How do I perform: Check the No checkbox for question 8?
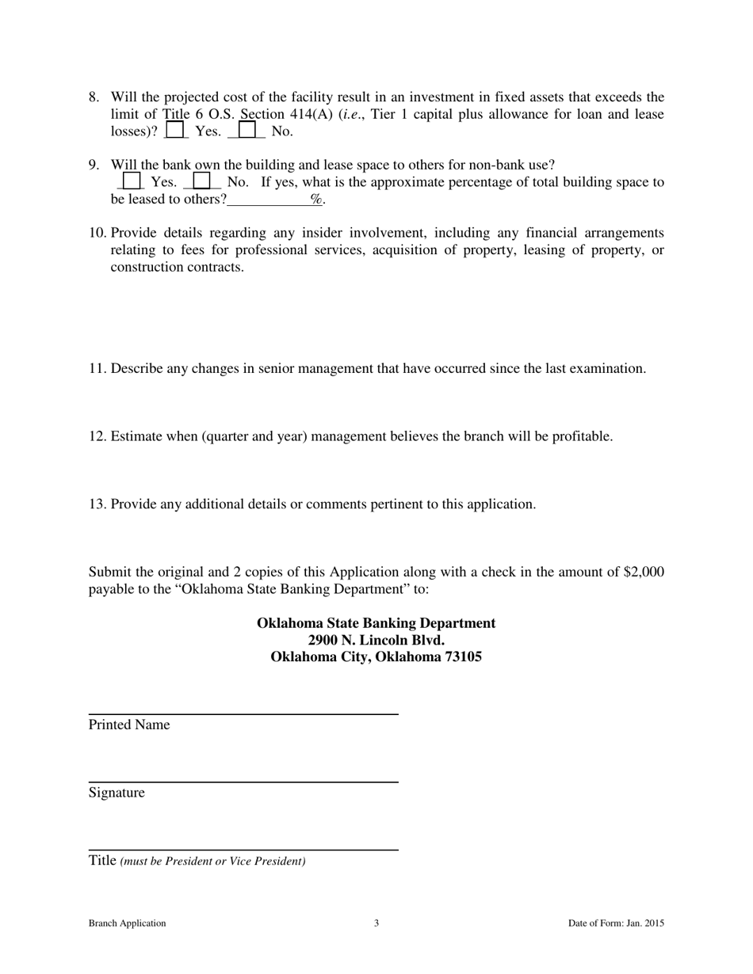pos(247,129)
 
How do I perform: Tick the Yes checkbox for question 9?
pos(132,181)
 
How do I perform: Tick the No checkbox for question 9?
pos(201,181)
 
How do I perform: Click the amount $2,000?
pos(644,573)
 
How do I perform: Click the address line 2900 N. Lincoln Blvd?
pos(376,640)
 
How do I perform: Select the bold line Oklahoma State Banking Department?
pos(376,623)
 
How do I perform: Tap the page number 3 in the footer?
pos(376,923)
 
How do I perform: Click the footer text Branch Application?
pos(127,923)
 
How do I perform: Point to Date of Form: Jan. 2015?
pos(616,923)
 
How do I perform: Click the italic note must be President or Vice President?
pos(212,862)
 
